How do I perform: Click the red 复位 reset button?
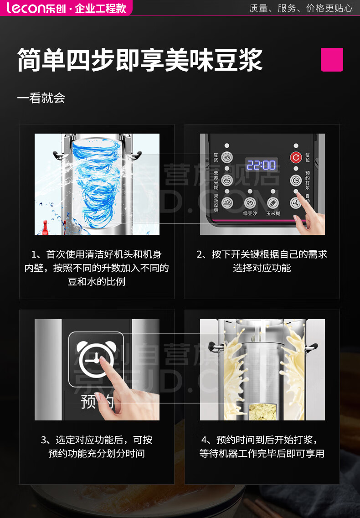point(296,158)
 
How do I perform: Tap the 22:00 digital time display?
point(261,165)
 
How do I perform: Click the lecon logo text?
point(25,8)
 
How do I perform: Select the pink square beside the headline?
point(332,60)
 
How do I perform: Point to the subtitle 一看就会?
point(41,98)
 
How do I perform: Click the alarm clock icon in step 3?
point(96,360)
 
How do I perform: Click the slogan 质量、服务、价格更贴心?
point(301,8)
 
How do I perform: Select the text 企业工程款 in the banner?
point(100,8)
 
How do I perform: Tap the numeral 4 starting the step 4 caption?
point(204,440)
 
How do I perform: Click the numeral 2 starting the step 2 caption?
point(200,254)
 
